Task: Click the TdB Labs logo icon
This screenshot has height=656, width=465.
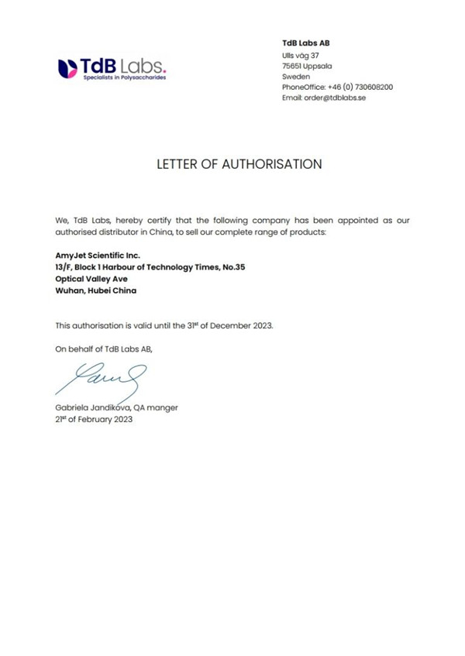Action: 68,67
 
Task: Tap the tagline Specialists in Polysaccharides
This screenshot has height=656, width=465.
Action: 124,78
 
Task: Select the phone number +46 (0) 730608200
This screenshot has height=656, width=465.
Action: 360,87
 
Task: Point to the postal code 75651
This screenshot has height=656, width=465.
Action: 293,65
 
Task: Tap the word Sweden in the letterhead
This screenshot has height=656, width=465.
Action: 296,76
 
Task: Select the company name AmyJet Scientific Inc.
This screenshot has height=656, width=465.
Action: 98,254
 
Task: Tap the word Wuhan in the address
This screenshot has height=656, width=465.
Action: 69,290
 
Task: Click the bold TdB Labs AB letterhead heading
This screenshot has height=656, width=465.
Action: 305,43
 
